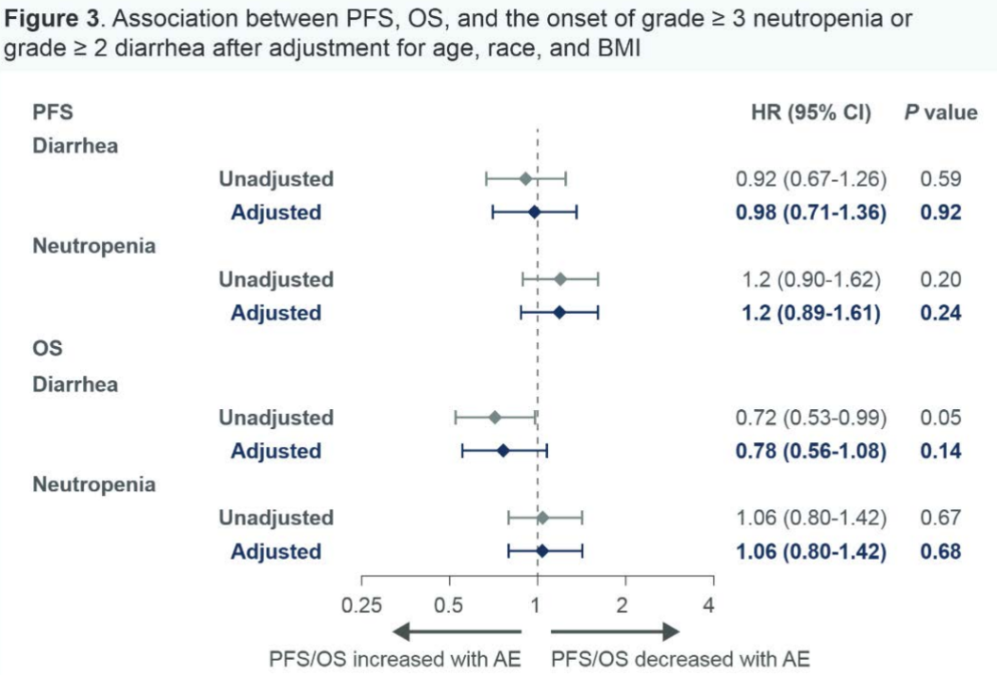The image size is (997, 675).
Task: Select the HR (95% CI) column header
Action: pos(809,113)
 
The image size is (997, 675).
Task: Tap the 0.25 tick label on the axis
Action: pos(362,604)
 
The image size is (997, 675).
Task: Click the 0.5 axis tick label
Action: pos(450,604)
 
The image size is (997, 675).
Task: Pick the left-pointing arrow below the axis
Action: pos(457,632)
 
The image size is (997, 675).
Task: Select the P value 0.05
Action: pos(940,418)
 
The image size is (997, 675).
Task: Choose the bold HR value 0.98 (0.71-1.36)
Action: pos(810,212)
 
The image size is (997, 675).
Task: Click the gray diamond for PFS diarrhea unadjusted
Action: pos(525,178)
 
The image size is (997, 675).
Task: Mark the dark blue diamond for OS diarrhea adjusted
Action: pos(503,451)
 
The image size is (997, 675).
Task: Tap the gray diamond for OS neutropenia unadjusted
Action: pos(542,518)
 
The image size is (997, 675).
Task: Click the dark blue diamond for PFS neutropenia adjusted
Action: pos(559,312)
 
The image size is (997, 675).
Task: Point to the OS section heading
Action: pos(47,348)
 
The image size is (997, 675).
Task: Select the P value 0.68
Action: pos(940,551)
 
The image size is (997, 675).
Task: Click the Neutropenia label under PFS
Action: pos(94,246)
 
